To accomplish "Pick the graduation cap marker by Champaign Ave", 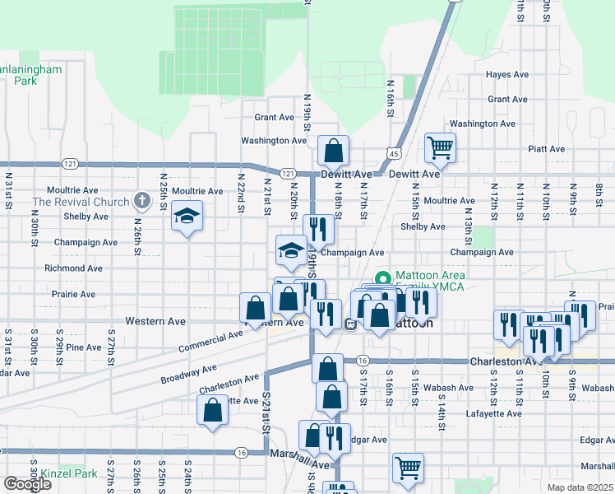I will coord(290,250).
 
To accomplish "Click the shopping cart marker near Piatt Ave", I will coord(440,148).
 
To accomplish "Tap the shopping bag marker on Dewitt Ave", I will coord(334,151).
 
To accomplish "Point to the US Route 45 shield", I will coord(395,153).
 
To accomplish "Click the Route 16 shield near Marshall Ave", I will coord(241,452).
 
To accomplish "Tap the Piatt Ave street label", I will coord(547,149).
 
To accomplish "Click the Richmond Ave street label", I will coord(73,268).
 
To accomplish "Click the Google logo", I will coord(27,484).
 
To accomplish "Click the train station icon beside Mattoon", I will coord(350,324).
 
